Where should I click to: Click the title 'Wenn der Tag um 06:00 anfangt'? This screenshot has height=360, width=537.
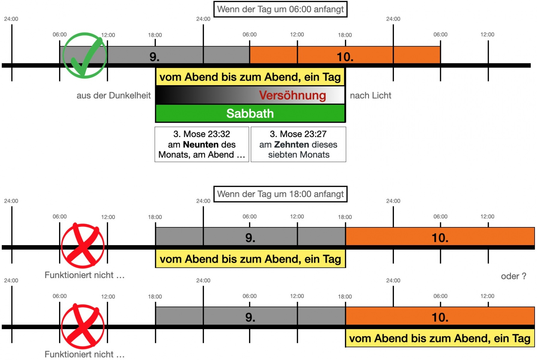280,9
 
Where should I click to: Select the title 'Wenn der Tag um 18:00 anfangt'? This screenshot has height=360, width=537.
280,194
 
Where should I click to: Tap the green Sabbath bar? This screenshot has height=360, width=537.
250,113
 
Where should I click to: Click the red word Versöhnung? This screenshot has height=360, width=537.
292,95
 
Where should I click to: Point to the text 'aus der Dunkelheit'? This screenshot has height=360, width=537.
113,95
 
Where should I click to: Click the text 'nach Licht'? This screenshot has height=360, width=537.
370,95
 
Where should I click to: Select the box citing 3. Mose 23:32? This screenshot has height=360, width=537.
202,144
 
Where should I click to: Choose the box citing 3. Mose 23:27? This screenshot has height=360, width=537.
298,144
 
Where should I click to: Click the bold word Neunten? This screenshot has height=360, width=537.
201,145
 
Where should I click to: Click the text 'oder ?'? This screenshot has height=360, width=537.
513,276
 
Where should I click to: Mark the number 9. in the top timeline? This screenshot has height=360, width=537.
154,57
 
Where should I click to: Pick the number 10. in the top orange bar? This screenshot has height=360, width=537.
345,57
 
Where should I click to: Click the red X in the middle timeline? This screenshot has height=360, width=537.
82,245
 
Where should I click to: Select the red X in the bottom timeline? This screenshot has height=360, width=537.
82,326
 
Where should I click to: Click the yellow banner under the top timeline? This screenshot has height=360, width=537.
250,77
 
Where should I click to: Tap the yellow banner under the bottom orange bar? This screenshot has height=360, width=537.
440,338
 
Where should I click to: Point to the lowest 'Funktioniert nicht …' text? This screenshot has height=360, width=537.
85,354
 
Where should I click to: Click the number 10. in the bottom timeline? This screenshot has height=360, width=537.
440,317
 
